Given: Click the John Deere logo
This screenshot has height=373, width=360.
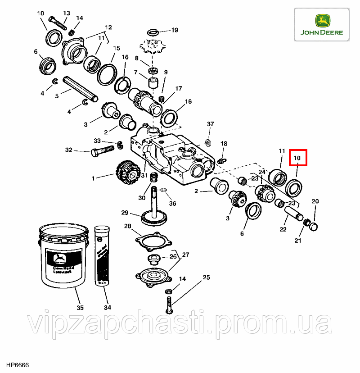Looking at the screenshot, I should tap(322, 25).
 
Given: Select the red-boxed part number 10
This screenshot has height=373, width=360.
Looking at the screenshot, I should tap(297, 158).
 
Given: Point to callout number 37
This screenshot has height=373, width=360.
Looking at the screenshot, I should tap(210, 124).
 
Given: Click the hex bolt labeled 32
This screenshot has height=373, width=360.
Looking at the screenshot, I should tap(103, 152).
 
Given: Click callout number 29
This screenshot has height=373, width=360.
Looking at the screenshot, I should tap(125, 213).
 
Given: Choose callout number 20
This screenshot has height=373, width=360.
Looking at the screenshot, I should tap(315, 201).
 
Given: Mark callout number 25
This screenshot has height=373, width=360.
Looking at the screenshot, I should tap(206, 277).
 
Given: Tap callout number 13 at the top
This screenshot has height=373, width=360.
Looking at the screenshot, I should tap(67, 13).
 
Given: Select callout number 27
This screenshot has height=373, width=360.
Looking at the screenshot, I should tap(185, 255).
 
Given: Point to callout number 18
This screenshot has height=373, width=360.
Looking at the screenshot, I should tap(224, 144).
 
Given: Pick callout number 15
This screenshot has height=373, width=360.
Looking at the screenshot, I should tap(117, 48).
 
